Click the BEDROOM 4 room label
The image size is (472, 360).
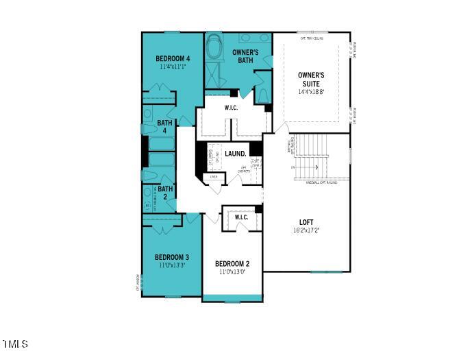[x=173, y=58]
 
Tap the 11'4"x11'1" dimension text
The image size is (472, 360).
[x=173, y=67]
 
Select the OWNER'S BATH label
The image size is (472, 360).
[x=245, y=56]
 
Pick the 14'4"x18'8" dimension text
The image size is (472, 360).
[x=311, y=91]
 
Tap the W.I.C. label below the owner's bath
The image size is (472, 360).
[x=232, y=108]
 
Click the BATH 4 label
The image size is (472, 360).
[x=165, y=128]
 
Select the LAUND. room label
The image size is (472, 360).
[x=236, y=154]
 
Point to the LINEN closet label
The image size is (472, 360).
[x=214, y=176]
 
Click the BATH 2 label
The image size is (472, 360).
[x=165, y=193]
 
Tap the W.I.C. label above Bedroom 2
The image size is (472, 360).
[x=241, y=217]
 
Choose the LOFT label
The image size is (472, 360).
[x=306, y=222]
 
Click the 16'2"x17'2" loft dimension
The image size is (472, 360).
[x=306, y=231]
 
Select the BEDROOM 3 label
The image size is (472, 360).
[x=173, y=257]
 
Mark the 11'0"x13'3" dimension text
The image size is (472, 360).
[x=173, y=265]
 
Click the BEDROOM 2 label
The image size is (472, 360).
[x=232, y=264]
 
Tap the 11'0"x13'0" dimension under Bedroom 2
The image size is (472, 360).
[x=232, y=272]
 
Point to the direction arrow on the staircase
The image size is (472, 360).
[x=317, y=167]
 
